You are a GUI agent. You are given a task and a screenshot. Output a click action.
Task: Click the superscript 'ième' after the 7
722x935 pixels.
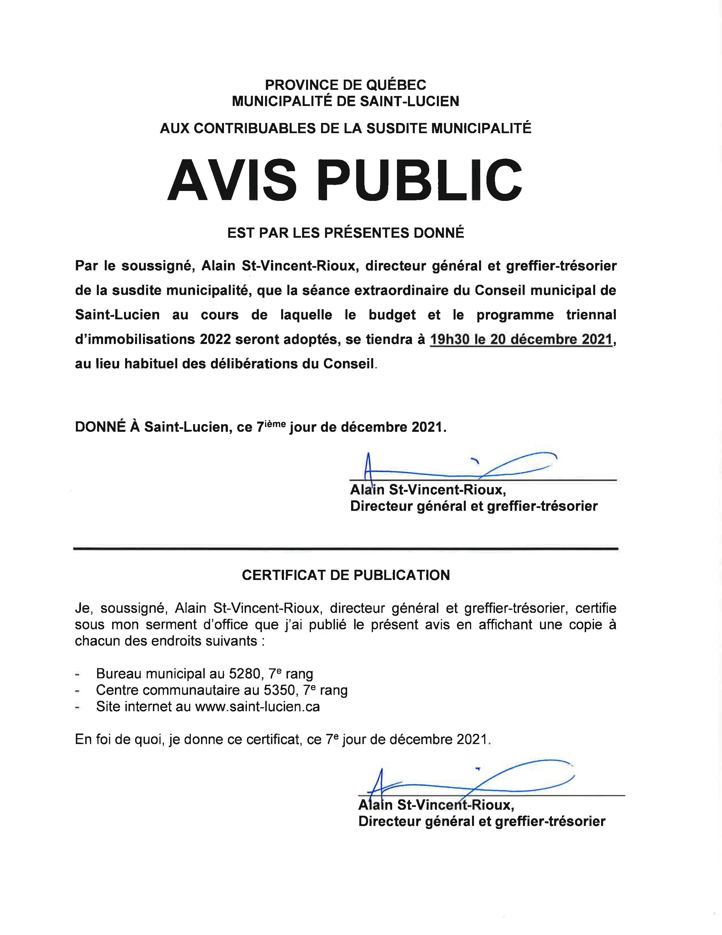click(x=276, y=423)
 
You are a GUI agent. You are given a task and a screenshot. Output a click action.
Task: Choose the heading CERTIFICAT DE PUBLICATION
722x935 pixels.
click(x=346, y=575)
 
